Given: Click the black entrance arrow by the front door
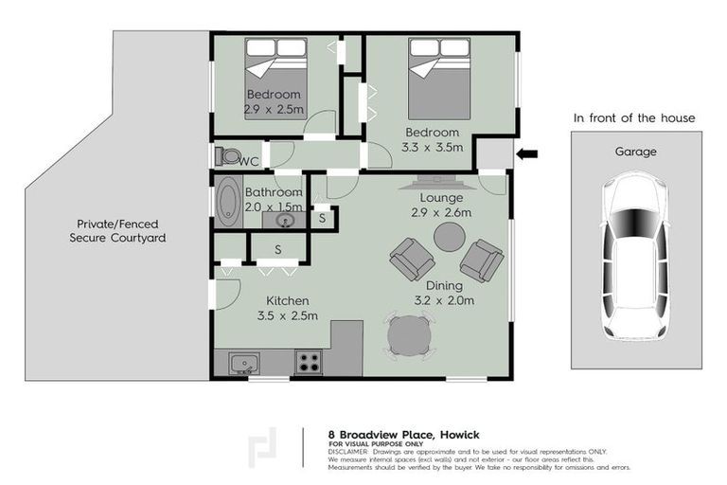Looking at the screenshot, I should coord(527,153).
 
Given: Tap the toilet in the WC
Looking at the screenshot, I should coord(228,156).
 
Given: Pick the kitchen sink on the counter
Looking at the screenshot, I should coord(243,362).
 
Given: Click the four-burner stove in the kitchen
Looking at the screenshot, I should coord(309,362).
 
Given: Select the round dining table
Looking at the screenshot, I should coord(409,334).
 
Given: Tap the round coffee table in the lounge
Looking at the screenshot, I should coord(448,236).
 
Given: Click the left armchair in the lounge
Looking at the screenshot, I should coord(412,258).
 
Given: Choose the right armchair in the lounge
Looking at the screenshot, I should coord(481,259).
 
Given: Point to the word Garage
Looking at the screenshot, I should coord(635,152).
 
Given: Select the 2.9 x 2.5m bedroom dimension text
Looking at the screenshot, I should coord(274,109).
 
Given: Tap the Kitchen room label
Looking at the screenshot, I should coord(287,300).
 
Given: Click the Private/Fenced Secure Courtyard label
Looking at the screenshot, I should coord(117,231).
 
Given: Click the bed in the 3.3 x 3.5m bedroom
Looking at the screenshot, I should coord(438,78).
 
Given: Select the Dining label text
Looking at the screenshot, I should coord(443,285).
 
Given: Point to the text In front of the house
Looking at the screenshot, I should coord(634,118).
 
